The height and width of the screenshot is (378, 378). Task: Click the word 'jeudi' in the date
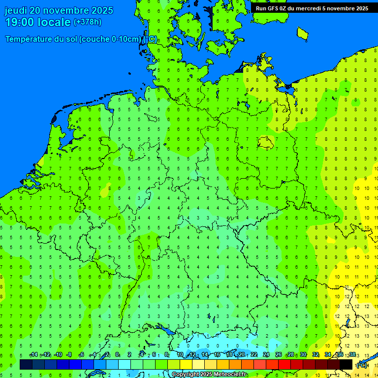[x=16, y=10]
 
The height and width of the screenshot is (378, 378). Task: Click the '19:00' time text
[x=20, y=22]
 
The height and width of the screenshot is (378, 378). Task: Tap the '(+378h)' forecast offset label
[x=88, y=22]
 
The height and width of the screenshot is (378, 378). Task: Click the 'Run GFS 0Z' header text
[x=271, y=8]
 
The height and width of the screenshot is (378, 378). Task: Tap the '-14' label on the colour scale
[x=33, y=355]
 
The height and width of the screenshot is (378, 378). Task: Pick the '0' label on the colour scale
[x=117, y=355]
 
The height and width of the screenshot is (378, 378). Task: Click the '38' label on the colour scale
[x=352, y=355]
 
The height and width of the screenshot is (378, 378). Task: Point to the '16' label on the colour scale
[x=217, y=355]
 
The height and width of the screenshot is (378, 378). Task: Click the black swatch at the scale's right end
[x=346, y=364]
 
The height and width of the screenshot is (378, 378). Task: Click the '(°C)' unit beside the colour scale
[x=362, y=365]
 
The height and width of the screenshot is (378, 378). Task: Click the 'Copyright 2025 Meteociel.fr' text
[x=209, y=375]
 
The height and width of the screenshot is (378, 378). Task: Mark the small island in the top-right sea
[x=302, y=32]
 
